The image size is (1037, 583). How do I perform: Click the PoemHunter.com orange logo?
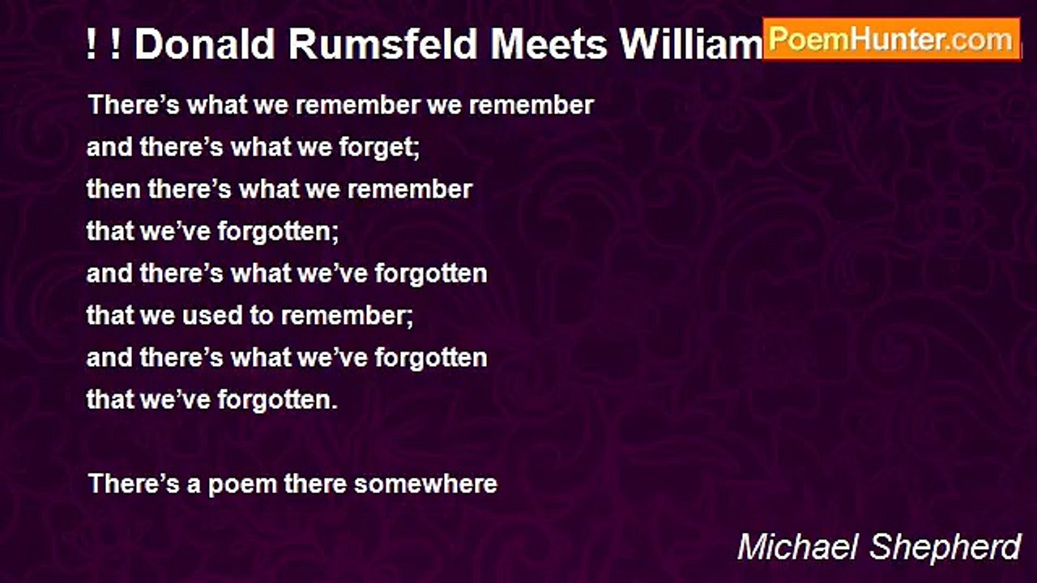[892, 40]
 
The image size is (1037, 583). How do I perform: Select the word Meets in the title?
[548, 45]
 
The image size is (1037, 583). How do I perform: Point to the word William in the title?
[692, 45]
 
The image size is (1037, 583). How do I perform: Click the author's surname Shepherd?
[945, 548]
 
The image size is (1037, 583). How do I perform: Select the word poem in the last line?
[242, 485]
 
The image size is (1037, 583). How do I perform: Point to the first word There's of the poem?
[134, 104]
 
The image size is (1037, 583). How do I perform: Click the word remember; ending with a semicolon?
[348, 317]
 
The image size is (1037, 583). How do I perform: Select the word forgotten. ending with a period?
[278, 401]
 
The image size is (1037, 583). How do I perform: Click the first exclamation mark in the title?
[92, 45]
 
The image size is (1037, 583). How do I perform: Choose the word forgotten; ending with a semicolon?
[278, 232]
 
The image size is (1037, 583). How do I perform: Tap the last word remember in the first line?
[531, 104]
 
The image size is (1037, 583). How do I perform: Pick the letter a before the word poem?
[194, 486]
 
